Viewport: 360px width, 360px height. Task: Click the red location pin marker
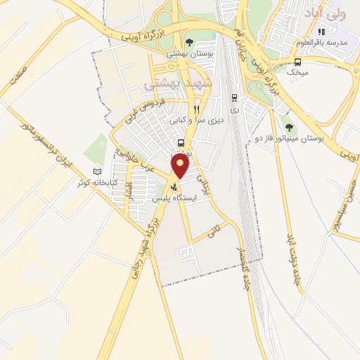coord(181,166)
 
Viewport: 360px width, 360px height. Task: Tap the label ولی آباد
coord(323,13)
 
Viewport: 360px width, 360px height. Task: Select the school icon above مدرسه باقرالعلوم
coord(321,31)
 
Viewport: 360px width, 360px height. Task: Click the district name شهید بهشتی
coord(172,84)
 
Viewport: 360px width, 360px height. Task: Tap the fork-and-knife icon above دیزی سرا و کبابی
coord(196,109)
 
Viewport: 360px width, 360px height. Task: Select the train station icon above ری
coord(234,97)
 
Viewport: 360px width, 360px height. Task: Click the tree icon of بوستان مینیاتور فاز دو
coord(289,127)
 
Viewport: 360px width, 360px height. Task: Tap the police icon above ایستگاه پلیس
coord(174,187)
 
